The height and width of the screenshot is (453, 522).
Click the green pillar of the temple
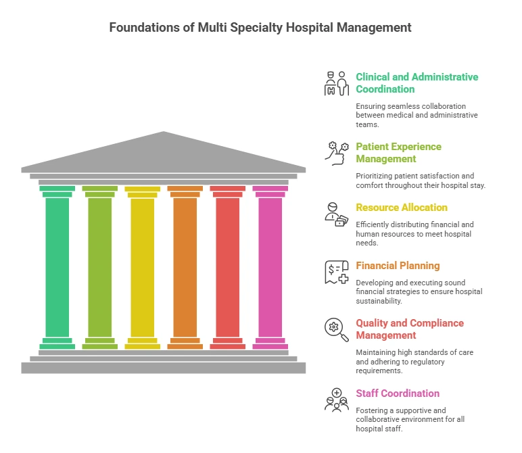click(57, 267)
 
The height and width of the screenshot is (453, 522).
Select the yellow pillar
click(143, 267)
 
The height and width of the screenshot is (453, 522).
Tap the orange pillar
click(185, 267)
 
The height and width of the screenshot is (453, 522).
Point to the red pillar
click(228, 267)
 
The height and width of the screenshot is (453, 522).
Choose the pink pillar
click(270, 267)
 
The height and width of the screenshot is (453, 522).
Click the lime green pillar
click(100, 267)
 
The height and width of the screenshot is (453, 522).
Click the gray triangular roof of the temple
click(164, 153)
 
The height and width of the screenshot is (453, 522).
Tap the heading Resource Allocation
click(402, 208)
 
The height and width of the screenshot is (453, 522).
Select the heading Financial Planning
click(398, 266)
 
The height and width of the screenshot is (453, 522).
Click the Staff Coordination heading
click(398, 394)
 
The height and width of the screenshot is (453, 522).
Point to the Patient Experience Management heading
click(398, 153)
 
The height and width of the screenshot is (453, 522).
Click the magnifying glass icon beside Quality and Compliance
click(337, 330)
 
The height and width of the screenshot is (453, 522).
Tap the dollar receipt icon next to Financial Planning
click(337, 272)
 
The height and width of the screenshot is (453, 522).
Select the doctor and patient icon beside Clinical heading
click(337, 84)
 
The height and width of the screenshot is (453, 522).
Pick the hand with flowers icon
click(337, 153)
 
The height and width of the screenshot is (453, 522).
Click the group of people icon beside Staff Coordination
click(337, 400)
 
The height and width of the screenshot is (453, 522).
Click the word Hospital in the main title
click(310, 27)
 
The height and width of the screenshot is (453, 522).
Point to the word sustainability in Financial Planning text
click(379, 301)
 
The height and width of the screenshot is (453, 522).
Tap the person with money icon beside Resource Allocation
click(337, 214)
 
